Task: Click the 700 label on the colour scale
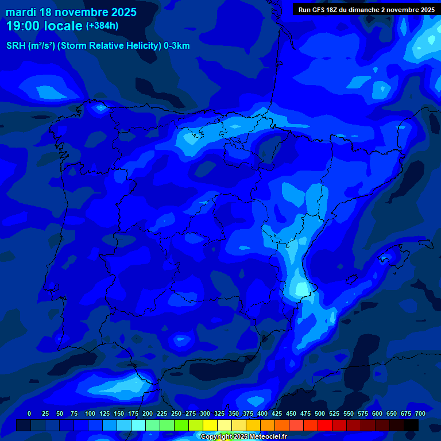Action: (x=420, y=413)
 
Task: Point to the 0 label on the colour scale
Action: (x=29, y=413)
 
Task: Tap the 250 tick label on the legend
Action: (x=176, y=413)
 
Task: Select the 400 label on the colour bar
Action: (x=262, y=413)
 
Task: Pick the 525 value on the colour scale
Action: (x=334, y=413)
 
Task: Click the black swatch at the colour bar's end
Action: (x=411, y=425)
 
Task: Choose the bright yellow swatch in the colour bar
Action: (x=210, y=425)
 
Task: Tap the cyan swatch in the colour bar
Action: (x=138, y=425)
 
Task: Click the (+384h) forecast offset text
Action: (x=102, y=25)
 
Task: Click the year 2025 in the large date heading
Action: (x=120, y=12)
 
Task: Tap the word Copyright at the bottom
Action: (x=217, y=437)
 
